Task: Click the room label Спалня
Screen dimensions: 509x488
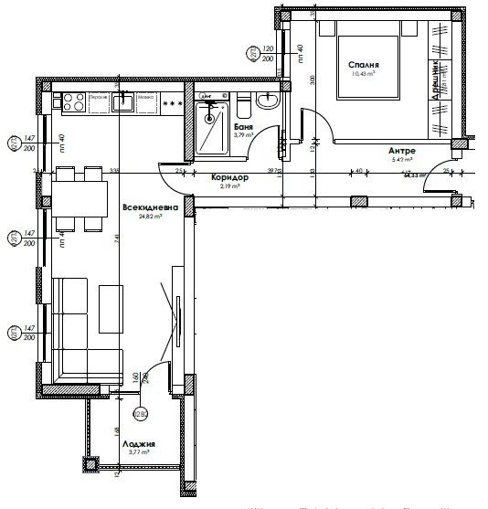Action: (363, 65)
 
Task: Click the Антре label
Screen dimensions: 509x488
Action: (402, 150)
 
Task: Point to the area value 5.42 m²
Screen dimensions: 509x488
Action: (402, 160)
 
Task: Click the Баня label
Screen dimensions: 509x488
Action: (242, 127)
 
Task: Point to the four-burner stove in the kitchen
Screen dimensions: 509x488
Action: (73, 100)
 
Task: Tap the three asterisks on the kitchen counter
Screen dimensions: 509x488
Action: (171, 104)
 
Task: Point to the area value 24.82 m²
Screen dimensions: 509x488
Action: (145, 217)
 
